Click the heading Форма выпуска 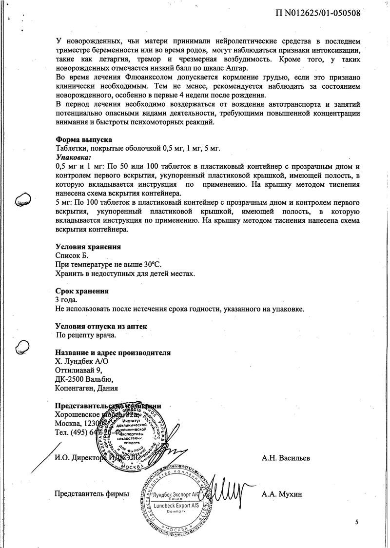coord(84,139)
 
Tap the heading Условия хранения coord(88,246)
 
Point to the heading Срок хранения coord(82,291)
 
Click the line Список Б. coord(73,255)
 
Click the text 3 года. coord(67,300)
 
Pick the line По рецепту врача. coord(87,335)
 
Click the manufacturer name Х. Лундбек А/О coord(81,361)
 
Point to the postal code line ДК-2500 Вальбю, coord(84,379)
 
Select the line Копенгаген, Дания coord(86,389)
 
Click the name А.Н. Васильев coord(285,458)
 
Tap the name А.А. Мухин coord(282,494)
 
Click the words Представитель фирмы coord(92,494)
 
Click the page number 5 coord(356,523)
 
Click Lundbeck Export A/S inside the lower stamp coord(176,507)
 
